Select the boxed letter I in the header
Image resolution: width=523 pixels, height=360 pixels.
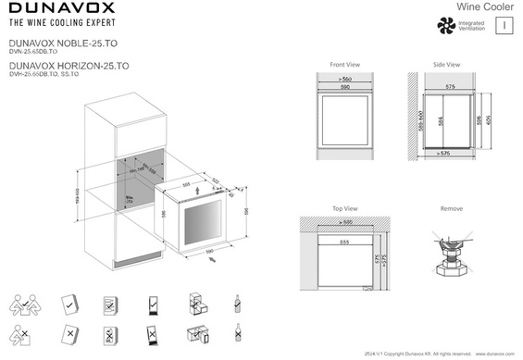coord(502,26)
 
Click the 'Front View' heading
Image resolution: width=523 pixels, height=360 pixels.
coord(344,65)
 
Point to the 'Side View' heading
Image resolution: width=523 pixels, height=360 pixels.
coord(446,65)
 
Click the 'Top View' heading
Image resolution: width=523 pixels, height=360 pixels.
coord(344,209)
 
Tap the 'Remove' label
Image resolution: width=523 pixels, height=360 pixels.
coord(452,209)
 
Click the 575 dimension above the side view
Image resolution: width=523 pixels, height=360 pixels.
coord(449,86)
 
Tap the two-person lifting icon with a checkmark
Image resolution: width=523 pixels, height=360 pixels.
coord(25,304)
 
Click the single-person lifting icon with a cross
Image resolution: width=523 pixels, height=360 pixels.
coord(25,333)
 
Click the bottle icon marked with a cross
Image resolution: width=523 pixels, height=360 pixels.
coord(237,333)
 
